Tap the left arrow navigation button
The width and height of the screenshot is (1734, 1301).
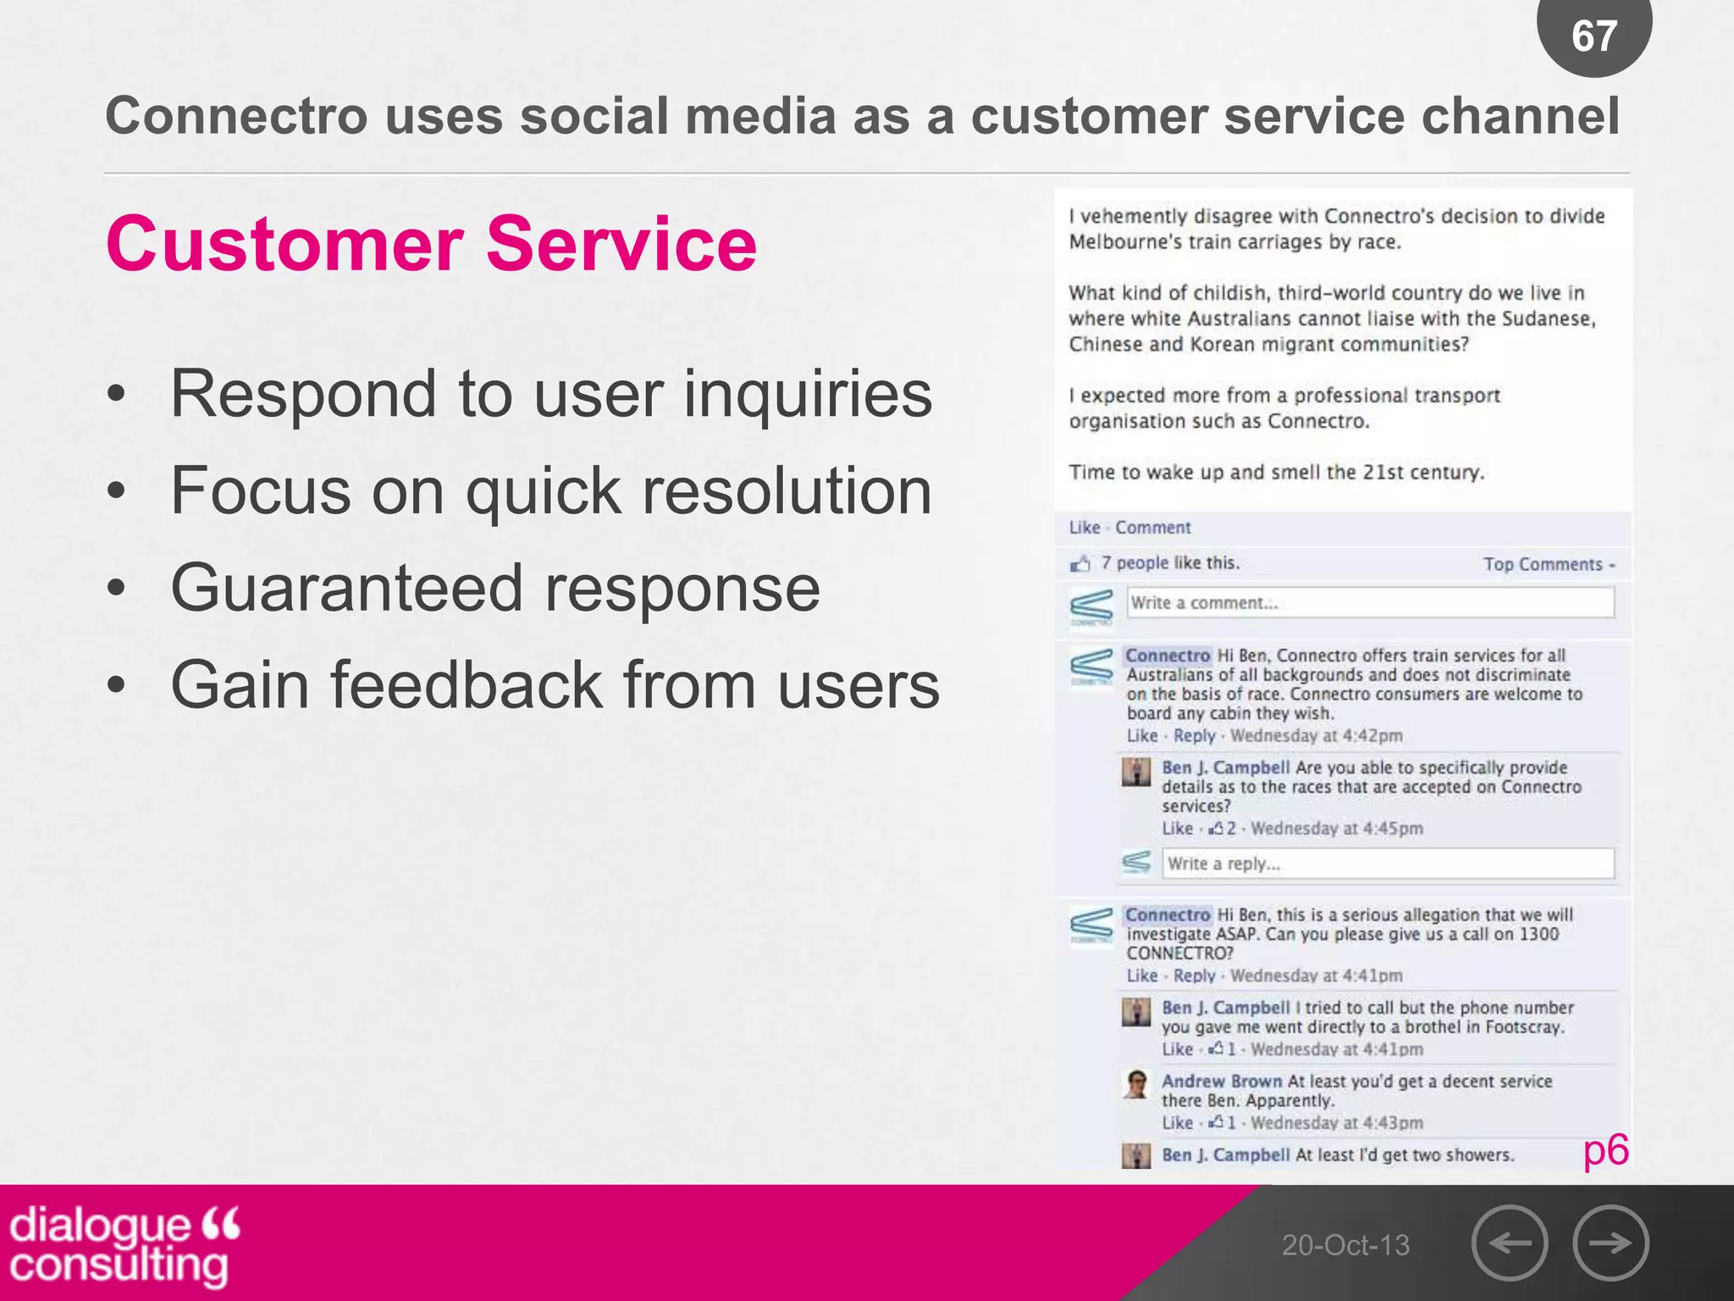[1509, 1243]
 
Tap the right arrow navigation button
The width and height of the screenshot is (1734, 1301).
[1610, 1243]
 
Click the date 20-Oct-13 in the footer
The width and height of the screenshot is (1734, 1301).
[1345, 1245]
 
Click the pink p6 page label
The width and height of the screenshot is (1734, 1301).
[1605, 1150]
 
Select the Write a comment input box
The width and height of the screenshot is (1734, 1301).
[1370, 603]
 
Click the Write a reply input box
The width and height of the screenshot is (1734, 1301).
[1387, 864]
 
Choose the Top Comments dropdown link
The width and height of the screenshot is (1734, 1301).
[1549, 564]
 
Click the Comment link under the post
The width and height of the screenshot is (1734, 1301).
[1152, 528]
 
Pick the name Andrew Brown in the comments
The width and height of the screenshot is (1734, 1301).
[1221, 1082]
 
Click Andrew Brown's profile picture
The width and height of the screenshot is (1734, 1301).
[1136, 1083]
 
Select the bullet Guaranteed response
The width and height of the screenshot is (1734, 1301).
[495, 588]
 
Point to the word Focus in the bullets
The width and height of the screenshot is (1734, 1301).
[260, 490]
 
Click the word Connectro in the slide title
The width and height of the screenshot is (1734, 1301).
[236, 116]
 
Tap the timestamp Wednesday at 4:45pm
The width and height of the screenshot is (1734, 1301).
[1336, 828]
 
